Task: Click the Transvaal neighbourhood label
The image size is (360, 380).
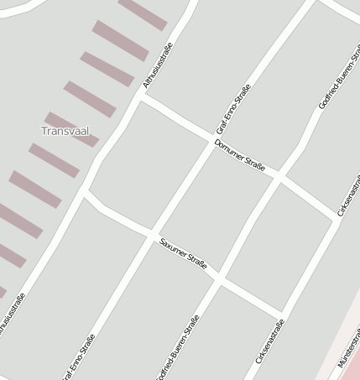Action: click(x=65, y=131)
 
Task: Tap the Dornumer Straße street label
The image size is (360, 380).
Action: click(x=239, y=155)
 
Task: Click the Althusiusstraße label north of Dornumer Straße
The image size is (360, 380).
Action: click(x=157, y=65)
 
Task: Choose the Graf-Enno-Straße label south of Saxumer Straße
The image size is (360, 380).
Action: click(x=77, y=358)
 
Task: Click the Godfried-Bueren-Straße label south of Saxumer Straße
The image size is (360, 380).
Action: click(x=178, y=347)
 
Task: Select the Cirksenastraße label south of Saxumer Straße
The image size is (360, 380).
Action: click(x=269, y=341)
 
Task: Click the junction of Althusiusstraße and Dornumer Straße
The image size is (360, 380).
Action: click(x=143, y=96)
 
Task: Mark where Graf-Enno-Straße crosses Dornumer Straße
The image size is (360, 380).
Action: click(x=211, y=140)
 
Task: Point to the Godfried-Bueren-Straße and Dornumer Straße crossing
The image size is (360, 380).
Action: click(x=280, y=178)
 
